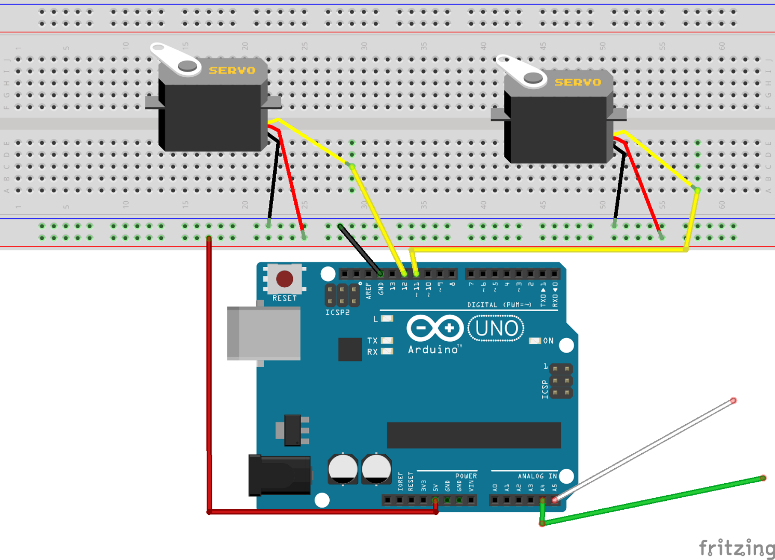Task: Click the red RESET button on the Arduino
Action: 284,278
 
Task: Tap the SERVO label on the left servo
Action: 232,71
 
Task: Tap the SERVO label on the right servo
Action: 578,82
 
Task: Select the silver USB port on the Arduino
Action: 264,333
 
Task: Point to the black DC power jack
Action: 279,475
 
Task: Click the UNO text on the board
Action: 496,329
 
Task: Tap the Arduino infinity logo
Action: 435,328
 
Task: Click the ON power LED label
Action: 548,341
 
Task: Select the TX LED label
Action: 372,341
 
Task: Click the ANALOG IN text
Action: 537,476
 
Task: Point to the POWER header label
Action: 466,476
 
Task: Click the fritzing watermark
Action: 736,547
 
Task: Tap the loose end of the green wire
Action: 763,478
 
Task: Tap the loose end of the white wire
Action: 733,400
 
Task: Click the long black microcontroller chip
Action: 473,435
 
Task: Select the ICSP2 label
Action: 337,313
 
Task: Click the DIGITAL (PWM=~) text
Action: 499,305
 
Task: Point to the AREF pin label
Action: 369,290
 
